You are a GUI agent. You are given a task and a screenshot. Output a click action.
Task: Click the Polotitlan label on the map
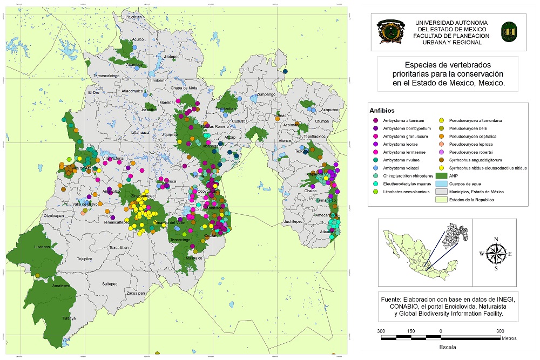(x=133, y=17)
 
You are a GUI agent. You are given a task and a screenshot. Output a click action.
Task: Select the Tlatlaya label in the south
(x=69, y=318)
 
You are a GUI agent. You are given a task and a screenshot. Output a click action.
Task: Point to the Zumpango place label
(x=266, y=94)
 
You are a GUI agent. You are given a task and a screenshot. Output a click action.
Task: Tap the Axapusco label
(x=329, y=110)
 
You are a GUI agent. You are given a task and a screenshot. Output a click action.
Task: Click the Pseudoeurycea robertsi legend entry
(x=469, y=152)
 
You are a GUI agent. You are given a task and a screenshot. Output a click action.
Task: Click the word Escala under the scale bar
(x=448, y=345)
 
